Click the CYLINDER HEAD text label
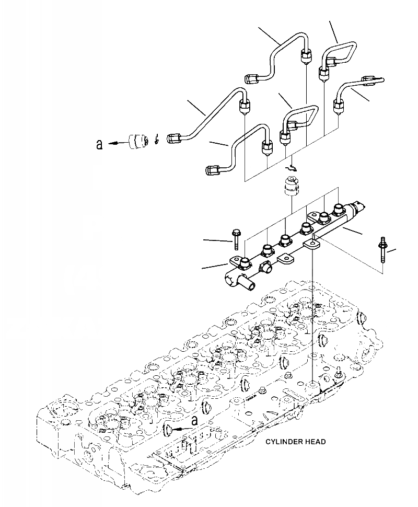click(295, 442)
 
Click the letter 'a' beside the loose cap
click(99, 144)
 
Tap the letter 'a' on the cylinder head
click(195, 421)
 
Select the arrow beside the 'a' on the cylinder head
click(178, 428)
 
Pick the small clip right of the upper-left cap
click(157, 141)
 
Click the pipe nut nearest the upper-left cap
click(175, 139)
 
